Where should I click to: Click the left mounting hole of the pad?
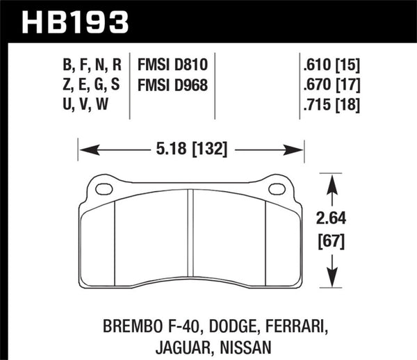click(x=104, y=188)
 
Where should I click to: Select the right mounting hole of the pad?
click(x=277, y=188)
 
